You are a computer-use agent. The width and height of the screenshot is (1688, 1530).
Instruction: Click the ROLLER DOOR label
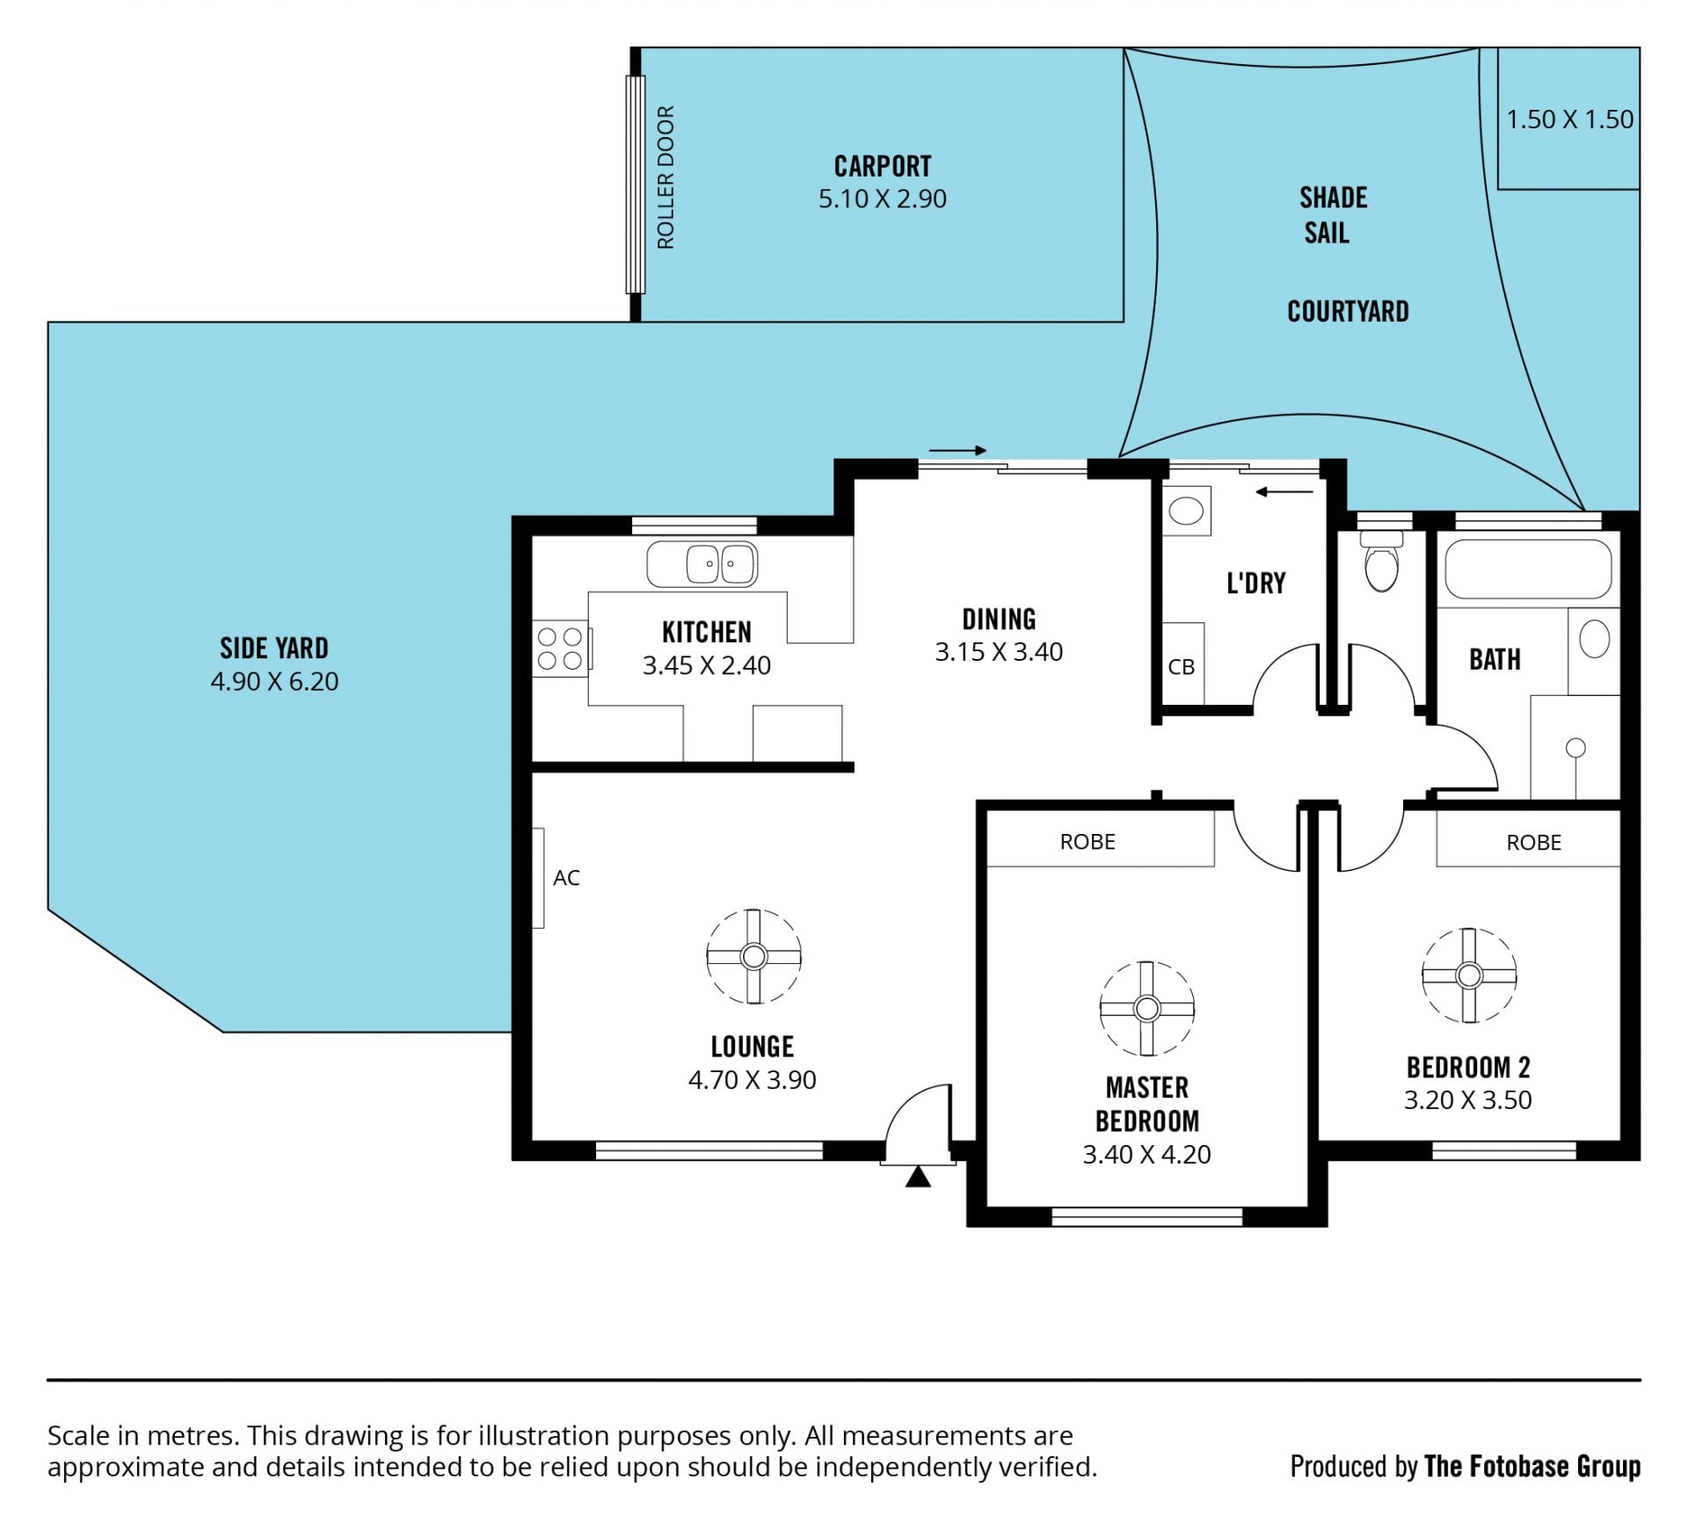(666, 177)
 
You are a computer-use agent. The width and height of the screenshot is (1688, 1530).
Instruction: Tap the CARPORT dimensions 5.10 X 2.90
(883, 199)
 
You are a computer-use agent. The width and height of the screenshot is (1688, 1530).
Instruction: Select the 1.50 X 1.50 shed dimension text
(1570, 119)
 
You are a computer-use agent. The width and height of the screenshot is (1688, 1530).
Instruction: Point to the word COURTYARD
(1348, 311)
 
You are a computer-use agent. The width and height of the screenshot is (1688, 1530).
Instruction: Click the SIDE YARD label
(274, 649)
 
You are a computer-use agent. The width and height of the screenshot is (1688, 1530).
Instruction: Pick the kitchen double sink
(702, 564)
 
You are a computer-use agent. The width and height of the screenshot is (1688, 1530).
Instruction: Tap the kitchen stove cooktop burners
(560, 649)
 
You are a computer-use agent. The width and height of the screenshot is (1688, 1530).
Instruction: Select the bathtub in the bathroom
(1528, 569)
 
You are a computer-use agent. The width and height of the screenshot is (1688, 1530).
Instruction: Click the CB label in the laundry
(1181, 667)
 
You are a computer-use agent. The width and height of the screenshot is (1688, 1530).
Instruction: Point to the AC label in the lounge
(566, 877)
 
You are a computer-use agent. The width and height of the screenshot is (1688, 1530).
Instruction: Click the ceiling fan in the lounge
(753, 956)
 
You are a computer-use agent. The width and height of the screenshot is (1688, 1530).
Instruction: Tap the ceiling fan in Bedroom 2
(1469, 975)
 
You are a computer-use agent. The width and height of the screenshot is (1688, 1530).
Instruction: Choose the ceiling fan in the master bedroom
(1146, 1008)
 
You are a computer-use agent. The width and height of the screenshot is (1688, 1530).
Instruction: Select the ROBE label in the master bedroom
(1088, 842)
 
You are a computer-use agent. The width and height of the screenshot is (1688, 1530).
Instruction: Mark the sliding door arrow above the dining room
(958, 451)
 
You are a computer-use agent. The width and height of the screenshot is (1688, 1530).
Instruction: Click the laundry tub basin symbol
(1186, 511)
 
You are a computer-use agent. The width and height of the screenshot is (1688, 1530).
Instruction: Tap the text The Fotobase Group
(1532, 1466)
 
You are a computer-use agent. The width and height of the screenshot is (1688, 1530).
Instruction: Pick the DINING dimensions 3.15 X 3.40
(999, 652)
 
